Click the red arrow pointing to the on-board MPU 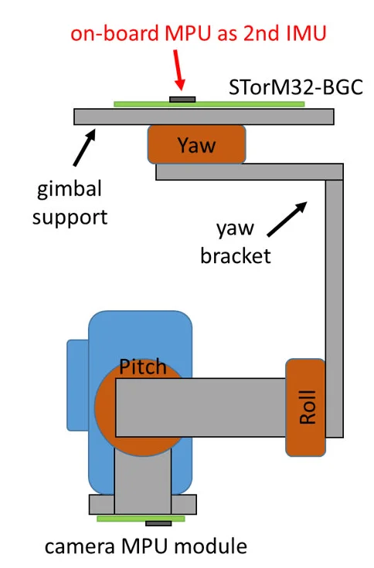(x=178, y=69)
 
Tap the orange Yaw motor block (x=196, y=144)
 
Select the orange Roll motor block (x=305, y=407)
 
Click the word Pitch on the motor (x=142, y=367)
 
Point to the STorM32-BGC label (x=296, y=87)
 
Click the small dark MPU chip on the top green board (x=182, y=100)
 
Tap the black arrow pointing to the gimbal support (x=84, y=148)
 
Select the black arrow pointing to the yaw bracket (x=287, y=219)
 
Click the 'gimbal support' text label (x=70, y=203)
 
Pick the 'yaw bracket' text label (x=236, y=242)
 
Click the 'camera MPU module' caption (x=146, y=546)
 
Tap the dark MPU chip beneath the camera (x=158, y=523)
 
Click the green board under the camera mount (x=141, y=519)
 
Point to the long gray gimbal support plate (x=203, y=117)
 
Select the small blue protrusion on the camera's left (x=77, y=385)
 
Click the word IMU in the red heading (x=306, y=33)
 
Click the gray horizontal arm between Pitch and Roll (x=201, y=407)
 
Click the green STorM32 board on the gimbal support (x=209, y=105)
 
